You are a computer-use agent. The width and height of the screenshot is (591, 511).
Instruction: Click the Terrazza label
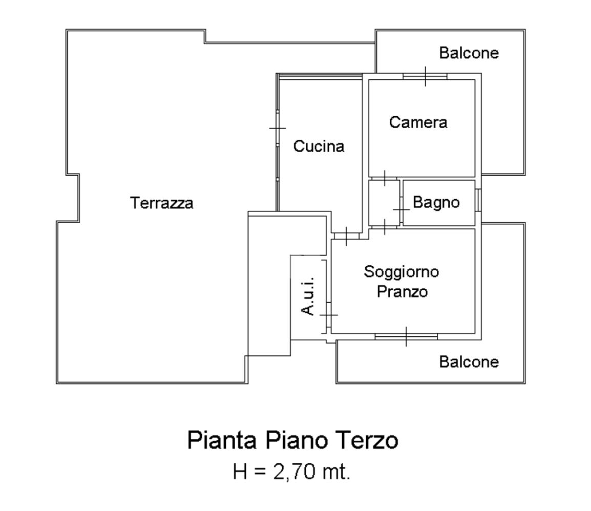tap(162, 203)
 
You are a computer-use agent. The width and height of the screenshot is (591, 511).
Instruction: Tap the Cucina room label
tap(319, 146)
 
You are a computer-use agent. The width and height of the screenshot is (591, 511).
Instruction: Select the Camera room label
tap(418, 122)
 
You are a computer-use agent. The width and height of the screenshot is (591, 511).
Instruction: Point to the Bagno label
tap(436, 202)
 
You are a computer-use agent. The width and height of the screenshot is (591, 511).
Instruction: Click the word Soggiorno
tap(402, 272)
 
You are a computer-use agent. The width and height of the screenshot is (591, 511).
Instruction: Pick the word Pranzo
tap(402, 291)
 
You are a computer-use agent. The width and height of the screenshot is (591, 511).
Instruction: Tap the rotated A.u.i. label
tap(308, 296)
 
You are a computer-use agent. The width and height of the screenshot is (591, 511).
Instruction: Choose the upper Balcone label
tap(469, 53)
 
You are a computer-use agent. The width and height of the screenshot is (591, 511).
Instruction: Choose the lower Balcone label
tap(469, 362)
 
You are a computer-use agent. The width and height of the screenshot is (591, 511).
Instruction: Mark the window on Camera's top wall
tap(425, 76)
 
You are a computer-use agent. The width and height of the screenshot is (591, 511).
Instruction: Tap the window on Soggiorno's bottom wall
tap(406, 336)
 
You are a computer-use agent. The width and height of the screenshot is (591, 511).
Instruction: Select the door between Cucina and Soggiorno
tap(346, 236)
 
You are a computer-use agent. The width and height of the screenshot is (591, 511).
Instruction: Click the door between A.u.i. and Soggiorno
tap(328, 315)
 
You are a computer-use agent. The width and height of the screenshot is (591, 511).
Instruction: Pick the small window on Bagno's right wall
tap(478, 200)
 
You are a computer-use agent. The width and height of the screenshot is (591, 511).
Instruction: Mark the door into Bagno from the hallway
tap(402, 209)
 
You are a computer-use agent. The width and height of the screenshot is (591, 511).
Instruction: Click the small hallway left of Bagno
tap(384, 203)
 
